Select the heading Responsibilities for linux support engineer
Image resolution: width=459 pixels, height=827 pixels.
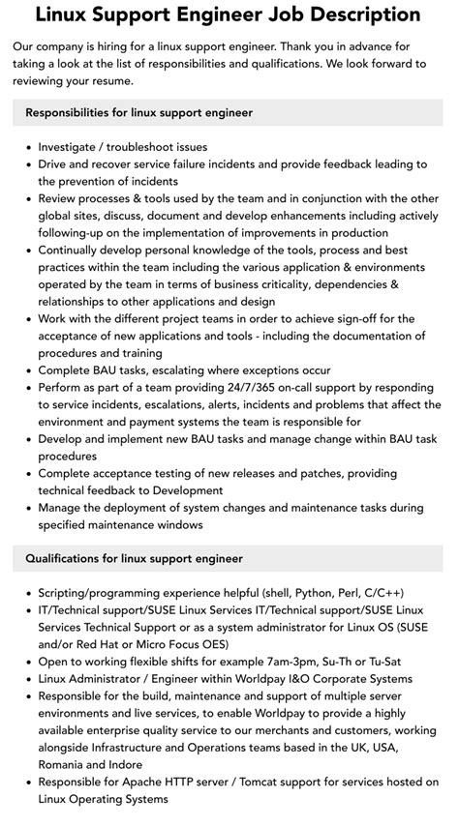139,113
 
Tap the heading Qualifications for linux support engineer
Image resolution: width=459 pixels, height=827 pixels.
135,559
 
